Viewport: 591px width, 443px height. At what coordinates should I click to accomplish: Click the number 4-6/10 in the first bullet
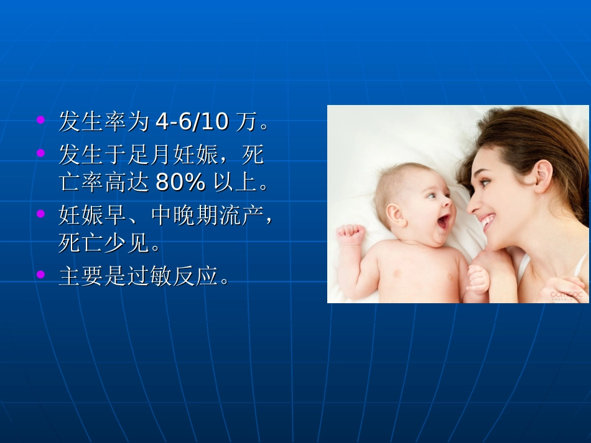click(192, 122)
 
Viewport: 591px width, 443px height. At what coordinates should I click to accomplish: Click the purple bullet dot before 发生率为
click(41, 119)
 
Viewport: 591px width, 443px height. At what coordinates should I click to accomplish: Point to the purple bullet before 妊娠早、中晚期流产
click(41, 213)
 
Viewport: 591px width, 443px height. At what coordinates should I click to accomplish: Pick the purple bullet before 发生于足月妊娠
click(41, 151)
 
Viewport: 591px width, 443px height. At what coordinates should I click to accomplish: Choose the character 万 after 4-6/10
click(246, 122)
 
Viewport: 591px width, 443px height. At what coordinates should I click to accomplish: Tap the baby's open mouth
click(444, 221)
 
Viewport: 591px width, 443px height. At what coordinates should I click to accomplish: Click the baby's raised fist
click(350, 235)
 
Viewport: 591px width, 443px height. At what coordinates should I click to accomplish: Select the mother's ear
click(542, 176)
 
